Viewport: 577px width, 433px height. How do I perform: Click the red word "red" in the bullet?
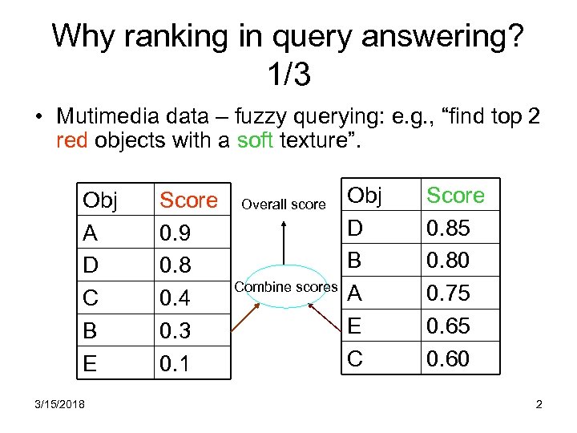73,141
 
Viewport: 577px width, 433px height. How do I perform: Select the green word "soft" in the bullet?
256,141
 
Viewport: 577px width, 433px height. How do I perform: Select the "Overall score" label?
284,204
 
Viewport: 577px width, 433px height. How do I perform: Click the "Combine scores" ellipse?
285,287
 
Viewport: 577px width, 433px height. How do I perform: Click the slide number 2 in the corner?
539,404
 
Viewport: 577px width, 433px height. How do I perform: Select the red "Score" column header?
188,200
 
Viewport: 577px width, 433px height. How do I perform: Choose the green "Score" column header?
455,195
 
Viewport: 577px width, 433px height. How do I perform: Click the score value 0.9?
174,233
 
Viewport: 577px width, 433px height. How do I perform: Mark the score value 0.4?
174,298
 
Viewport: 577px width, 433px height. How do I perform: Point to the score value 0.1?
174,364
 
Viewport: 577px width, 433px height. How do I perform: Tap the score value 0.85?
448,229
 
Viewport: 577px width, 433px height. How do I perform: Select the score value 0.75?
448,293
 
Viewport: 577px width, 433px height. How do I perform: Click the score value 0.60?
448,358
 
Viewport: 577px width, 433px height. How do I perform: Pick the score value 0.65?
448,326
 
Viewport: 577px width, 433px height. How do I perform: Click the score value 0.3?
174,331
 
